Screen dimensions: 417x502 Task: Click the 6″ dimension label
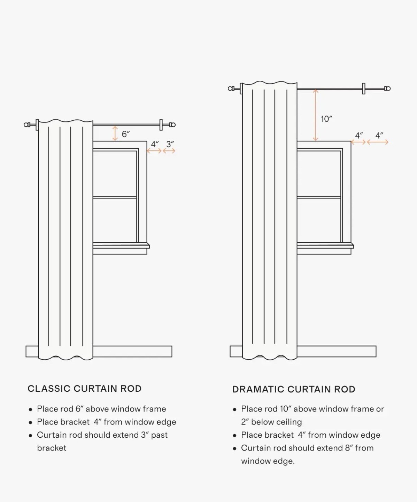tap(126, 134)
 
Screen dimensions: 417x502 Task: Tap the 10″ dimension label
tap(326, 119)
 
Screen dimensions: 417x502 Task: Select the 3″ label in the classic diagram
tap(170, 144)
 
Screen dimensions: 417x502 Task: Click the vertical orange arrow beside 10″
tap(315, 115)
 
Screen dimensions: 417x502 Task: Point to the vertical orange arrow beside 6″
tap(115, 133)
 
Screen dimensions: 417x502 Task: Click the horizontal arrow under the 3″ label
tap(169, 151)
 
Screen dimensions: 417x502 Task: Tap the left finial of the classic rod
tap(27, 125)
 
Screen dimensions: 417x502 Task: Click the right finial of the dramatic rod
tap(387, 89)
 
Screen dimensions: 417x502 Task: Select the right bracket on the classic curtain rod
tap(161, 125)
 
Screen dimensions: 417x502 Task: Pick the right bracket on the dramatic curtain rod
tap(363, 89)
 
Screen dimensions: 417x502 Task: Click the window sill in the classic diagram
tap(121, 245)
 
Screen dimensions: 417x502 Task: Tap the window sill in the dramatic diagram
tap(325, 245)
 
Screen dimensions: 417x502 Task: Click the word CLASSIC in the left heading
tap(49, 389)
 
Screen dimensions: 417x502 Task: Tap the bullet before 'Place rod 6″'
tap(30, 409)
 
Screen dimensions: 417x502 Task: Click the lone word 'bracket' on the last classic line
tap(52, 448)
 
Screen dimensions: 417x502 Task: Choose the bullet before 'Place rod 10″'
tap(234, 409)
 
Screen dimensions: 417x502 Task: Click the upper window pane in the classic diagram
tap(114, 174)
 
